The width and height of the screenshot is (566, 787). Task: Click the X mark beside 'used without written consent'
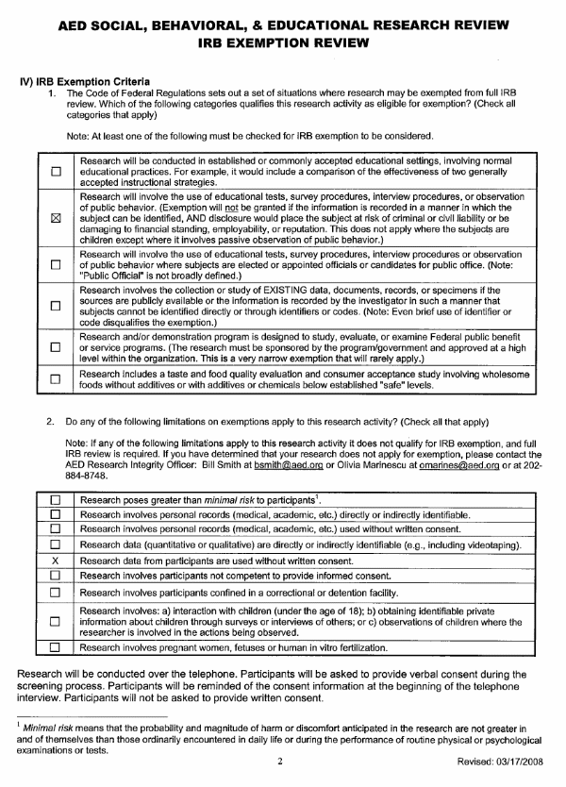pyautogui.click(x=55, y=561)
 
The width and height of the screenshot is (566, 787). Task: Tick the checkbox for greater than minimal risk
pyautogui.click(x=55, y=500)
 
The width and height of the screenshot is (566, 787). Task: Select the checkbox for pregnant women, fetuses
pyautogui.click(x=55, y=648)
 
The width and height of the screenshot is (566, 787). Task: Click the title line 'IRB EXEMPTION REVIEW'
pyautogui.click(x=282, y=43)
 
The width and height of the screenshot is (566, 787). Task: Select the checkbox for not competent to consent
pyautogui.click(x=55, y=576)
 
